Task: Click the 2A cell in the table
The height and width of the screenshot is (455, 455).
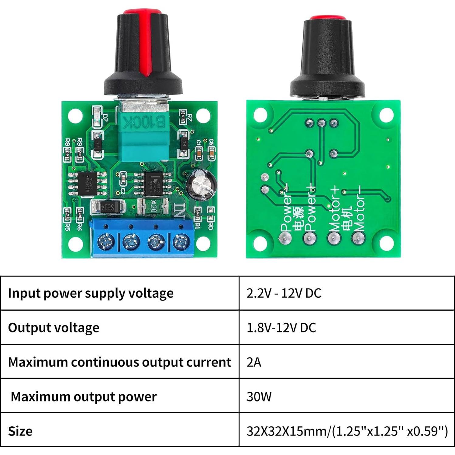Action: pyautogui.click(x=254, y=362)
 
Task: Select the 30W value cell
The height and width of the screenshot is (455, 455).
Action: pyautogui.click(x=259, y=396)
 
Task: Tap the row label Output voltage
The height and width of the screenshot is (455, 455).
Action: pyautogui.click(x=53, y=328)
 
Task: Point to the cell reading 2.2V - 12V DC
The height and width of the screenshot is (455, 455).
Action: pyautogui.click(x=284, y=293)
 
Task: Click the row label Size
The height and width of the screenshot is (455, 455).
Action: pyautogui.click(x=20, y=431)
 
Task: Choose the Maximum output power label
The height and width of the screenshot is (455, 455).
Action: pyautogui.click(x=84, y=396)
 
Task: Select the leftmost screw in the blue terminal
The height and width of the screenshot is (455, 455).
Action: pyautogui.click(x=106, y=242)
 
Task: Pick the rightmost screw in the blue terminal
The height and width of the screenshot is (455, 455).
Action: pyautogui.click(x=181, y=242)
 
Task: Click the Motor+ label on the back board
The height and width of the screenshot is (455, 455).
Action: pyautogui.click(x=334, y=210)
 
